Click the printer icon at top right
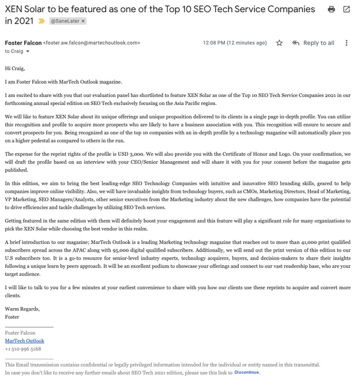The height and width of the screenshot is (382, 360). (x=331, y=9)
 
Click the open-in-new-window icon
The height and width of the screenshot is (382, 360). (x=346, y=9)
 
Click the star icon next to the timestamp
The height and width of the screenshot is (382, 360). (x=279, y=43)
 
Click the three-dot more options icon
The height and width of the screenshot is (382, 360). (x=346, y=43)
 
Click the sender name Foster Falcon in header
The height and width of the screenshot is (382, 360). (x=23, y=43)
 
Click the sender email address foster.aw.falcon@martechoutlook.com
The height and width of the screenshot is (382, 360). (x=92, y=43)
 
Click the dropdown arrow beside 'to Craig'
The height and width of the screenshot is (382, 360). (x=28, y=51)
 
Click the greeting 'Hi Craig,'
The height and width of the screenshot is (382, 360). (x=16, y=68)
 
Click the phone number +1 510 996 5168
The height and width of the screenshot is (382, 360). (x=23, y=349)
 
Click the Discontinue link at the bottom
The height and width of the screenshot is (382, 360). (x=246, y=373)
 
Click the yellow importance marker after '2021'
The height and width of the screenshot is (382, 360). (x=41, y=21)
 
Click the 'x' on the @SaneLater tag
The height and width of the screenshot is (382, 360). (x=82, y=21)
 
